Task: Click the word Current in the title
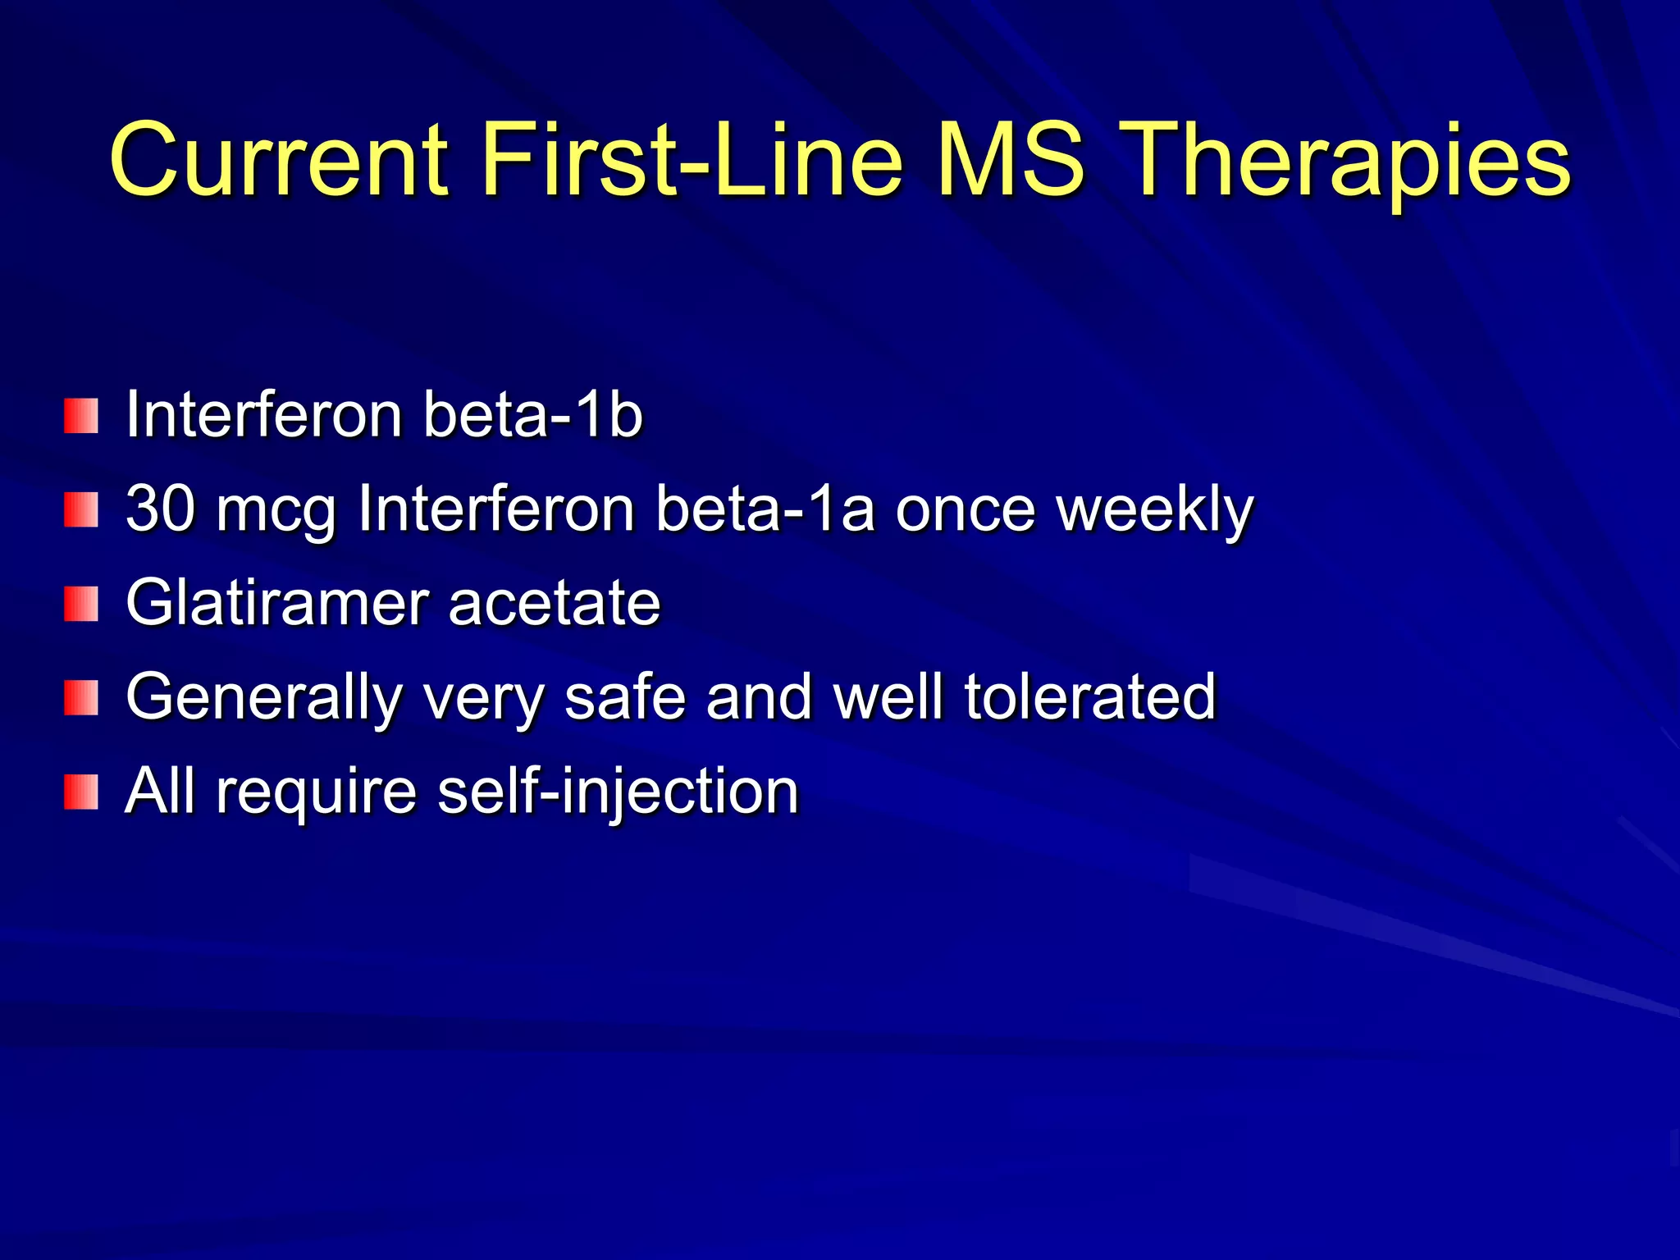(x=279, y=160)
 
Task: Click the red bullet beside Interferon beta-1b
(x=81, y=416)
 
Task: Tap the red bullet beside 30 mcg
(x=81, y=510)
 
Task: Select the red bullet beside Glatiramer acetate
(x=81, y=604)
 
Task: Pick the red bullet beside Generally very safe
(x=81, y=698)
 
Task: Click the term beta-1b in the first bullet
(x=532, y=415)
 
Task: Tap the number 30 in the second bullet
(x=160, y=509)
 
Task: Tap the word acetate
(x=555, y=604)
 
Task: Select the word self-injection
(x=619, y=792)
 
